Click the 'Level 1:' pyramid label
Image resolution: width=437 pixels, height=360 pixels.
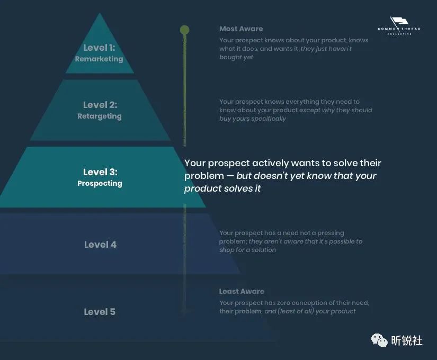click(x=99, y=48)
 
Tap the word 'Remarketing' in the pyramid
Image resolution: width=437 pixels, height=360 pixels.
click(x=99, y=59)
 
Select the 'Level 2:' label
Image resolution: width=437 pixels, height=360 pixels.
click(x=100, y=105)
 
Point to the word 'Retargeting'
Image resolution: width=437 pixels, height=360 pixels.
click(x=100, y=116)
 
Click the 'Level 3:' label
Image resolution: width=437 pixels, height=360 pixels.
click(x=100, y=172)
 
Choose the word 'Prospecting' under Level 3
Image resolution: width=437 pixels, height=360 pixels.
click(x=100, y=184)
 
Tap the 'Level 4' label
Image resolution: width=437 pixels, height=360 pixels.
click(x=100, y=245)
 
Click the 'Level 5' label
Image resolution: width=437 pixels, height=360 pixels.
click(x=100, y=312)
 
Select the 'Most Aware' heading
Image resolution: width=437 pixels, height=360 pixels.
click(x=241, y=29)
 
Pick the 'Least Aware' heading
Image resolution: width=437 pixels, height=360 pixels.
click(x=242, y=292)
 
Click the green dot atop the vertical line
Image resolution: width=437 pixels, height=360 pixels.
click(x=184, y=30)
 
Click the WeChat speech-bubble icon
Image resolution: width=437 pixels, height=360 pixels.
click(x=379, y=340)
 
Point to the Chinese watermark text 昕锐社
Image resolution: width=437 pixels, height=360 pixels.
click(x=407, y=341)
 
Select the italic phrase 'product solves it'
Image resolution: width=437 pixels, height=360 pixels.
click(x=222, y=188)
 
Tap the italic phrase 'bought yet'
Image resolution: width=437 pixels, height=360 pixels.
click(x=236, y=57)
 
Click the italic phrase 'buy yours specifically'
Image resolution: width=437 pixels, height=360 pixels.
click(x=253, y=119)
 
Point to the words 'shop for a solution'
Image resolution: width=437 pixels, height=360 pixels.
click(x=247, y=250)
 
